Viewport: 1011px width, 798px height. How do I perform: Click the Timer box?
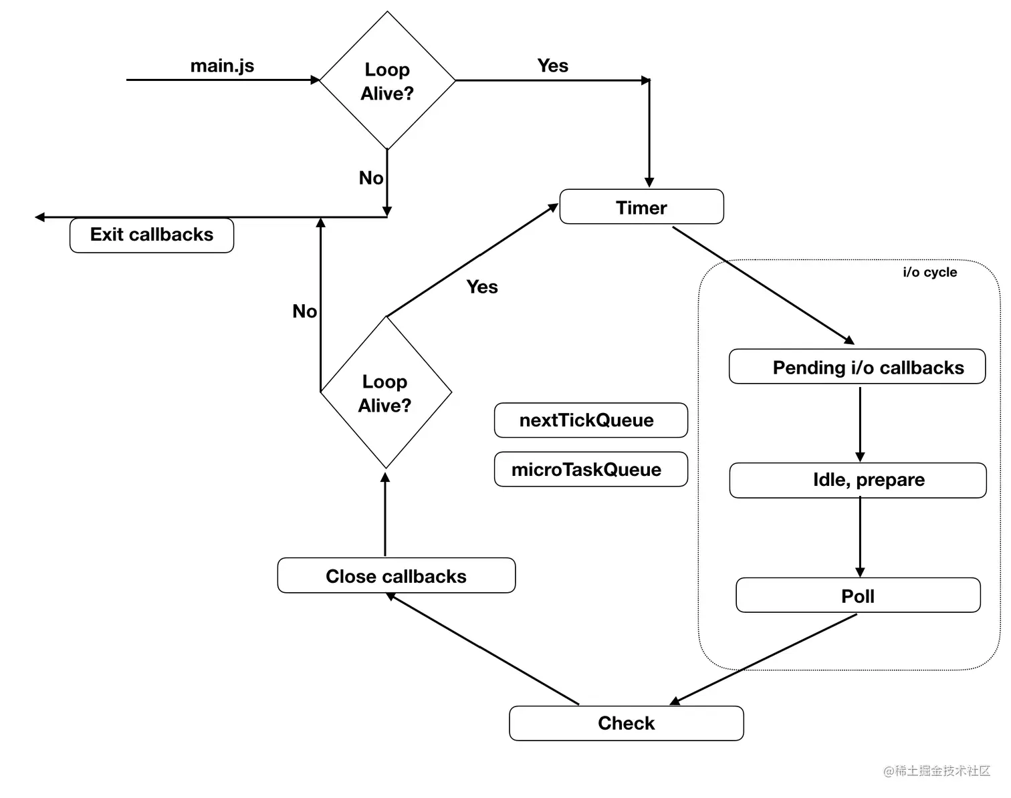tap(641, 207)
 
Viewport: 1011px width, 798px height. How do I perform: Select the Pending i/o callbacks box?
tap(857, 367)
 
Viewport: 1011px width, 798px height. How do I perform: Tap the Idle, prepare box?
tap(858, 480)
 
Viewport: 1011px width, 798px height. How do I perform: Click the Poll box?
tap(858, 595)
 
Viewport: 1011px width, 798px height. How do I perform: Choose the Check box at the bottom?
tap(626, 723)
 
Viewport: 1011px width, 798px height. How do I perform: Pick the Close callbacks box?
tap(396, 576)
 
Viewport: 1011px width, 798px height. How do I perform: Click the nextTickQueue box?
tap(590, 420)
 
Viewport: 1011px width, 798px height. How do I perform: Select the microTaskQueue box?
tap(590, 469)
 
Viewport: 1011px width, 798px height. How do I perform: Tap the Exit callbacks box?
tap(152, 235)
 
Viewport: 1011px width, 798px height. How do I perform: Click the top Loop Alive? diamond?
tap(387, 81)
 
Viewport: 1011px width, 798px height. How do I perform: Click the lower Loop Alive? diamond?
tap(386, 393)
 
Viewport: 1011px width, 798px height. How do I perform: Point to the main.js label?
tap(222, 65)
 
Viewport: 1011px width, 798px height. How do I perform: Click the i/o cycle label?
tap(929, 272)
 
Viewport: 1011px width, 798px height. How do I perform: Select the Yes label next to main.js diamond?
tap(552, 65)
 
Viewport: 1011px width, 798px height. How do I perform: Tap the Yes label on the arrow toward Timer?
tap(482, 287)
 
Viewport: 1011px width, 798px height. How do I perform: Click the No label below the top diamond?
tap(371, 178)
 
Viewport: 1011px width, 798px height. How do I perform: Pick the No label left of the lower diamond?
tap(304, 311)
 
